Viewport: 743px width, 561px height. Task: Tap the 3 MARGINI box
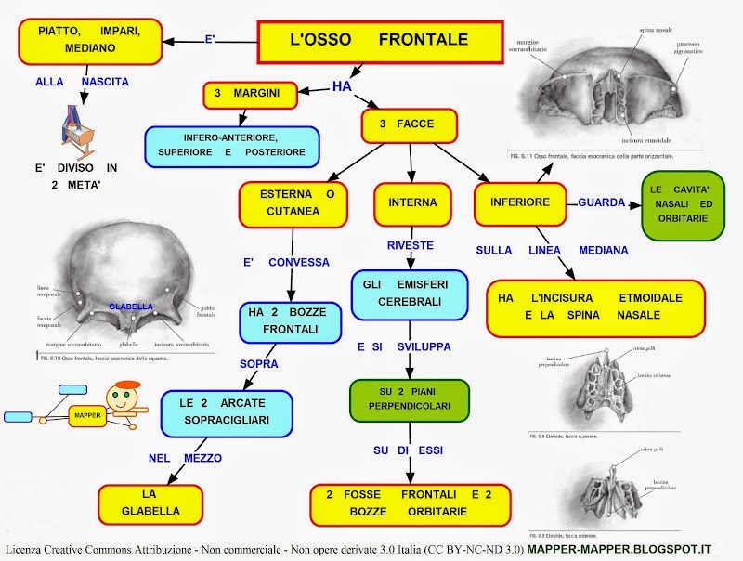(254, 94)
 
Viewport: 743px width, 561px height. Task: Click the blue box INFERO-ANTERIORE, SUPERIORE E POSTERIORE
(231, 144)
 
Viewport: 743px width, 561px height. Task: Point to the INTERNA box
(411, 202)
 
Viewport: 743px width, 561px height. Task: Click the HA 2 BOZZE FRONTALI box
(283, 320)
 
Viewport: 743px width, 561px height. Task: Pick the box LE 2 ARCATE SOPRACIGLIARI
(227, 412)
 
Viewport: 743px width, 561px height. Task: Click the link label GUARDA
(602, 202)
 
